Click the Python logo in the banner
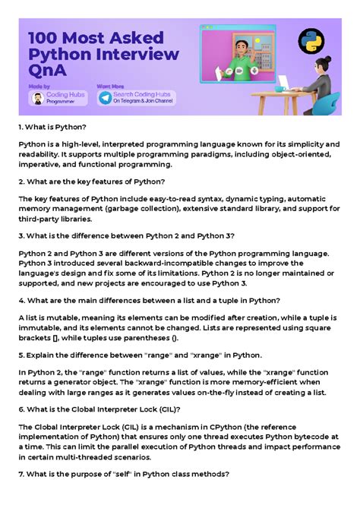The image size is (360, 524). coord(308,41)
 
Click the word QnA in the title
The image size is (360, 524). coord(47,71)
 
